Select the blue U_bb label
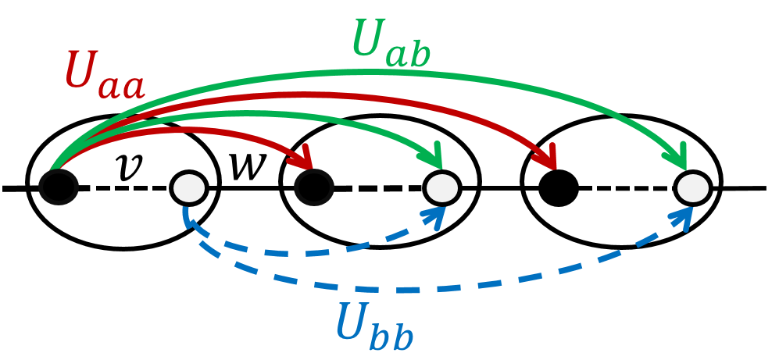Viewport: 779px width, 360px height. (x=373, y=324)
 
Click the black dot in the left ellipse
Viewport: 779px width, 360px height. (x=59, y=187)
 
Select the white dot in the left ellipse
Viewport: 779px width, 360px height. (x=188, y=187)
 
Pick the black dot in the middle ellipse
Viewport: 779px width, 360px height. (x=314, y=187)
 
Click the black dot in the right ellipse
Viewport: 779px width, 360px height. (x=559, y=187)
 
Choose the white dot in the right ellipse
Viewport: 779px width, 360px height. (x=692, y=187)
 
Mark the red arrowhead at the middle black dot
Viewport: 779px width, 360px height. (x=307, y=156)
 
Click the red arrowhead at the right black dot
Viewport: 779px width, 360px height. (x=549, y=159)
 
